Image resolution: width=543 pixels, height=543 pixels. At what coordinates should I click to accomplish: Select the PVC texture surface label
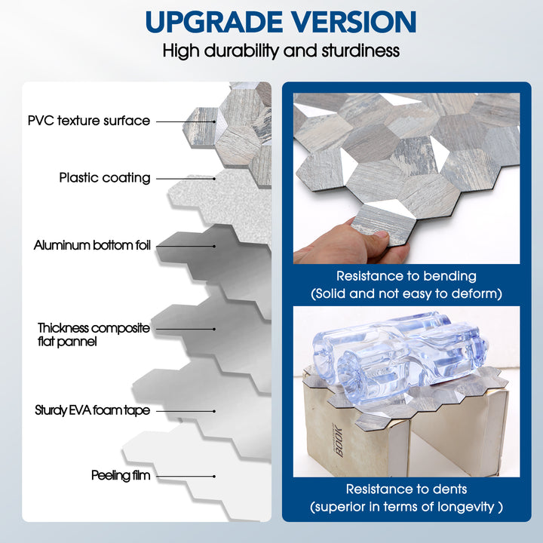pyautogui.click(x=89, y=121)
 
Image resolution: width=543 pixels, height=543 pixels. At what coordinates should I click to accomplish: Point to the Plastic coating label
pyautogui.click(x=105, y=178)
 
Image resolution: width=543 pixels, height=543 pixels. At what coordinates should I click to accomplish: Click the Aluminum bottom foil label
pyautogui.click(x=92, y=245)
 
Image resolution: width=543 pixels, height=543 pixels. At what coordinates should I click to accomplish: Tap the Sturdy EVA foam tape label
pyautogui.click(x=92, y=410)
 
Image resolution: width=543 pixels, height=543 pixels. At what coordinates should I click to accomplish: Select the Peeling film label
pyautogui.click(x=121, y=476)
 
